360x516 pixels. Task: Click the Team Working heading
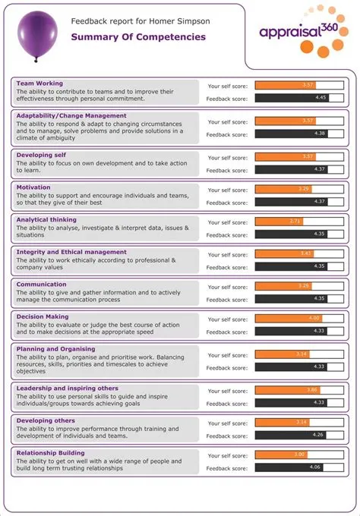(39, 83)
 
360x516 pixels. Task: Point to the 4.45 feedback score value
(321, 97)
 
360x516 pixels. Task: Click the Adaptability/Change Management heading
(71, 115)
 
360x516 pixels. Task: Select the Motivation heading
(34, 187)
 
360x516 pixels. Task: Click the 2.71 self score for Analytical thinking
(295, 221)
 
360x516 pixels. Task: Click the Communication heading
(42, 284)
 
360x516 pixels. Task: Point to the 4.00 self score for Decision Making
(314, 318)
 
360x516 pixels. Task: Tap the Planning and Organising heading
(55, 348)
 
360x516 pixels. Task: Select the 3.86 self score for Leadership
(311, 389)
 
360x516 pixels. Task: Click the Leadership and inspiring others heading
(68, 388)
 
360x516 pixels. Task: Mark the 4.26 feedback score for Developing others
(318, 435)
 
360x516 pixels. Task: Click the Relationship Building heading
(52, 452)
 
